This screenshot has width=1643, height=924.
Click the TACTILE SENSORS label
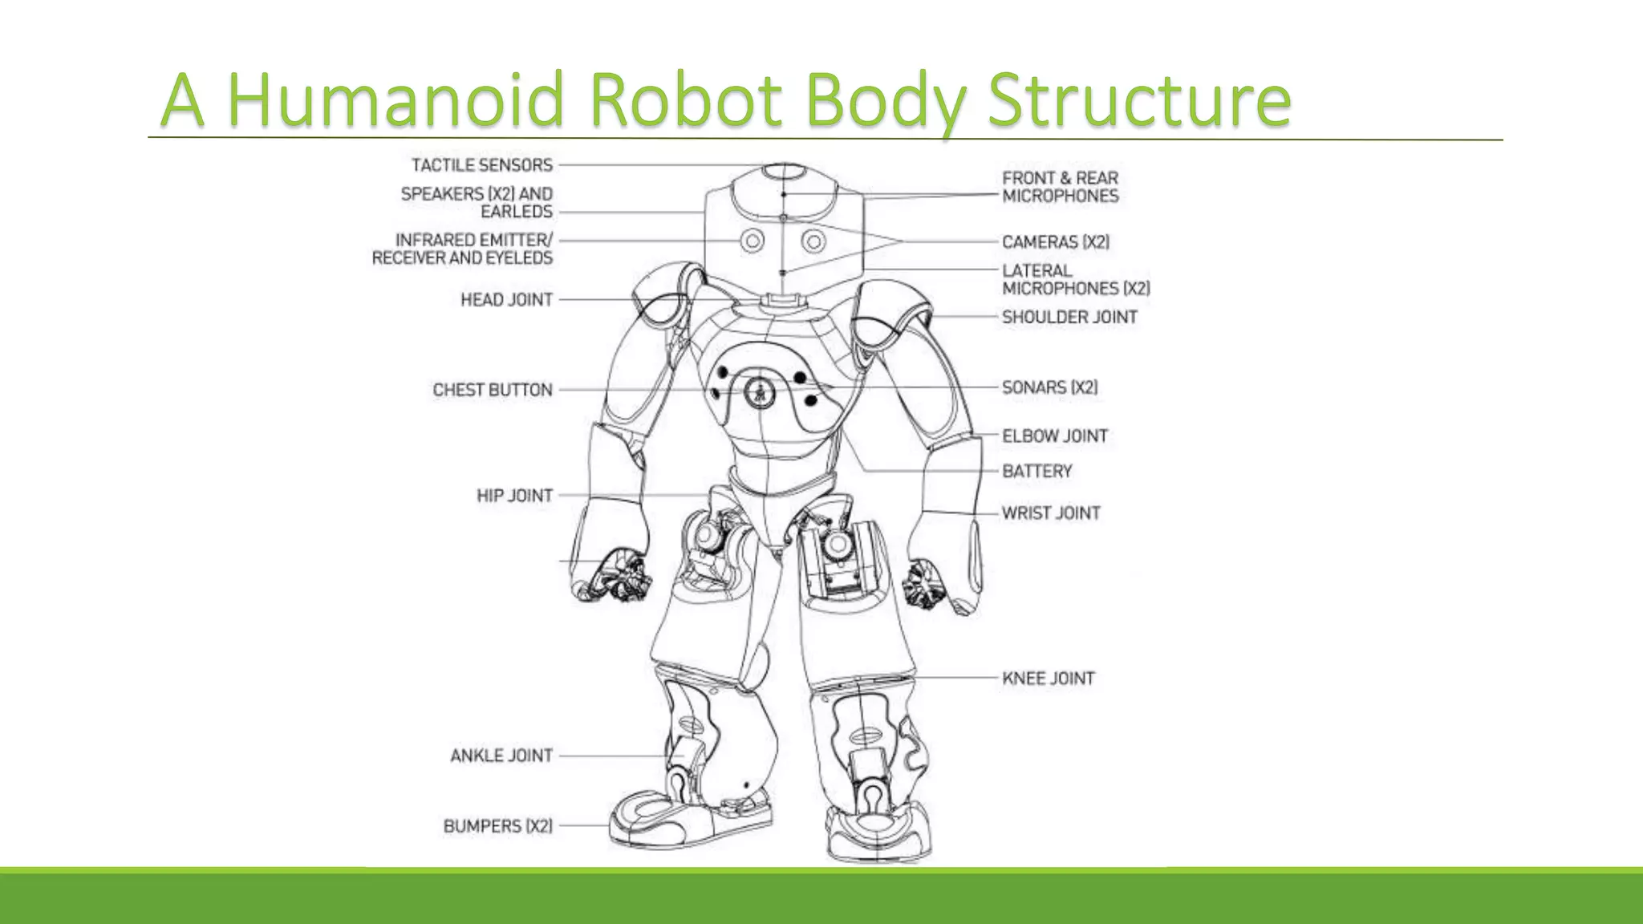tap(482, 165)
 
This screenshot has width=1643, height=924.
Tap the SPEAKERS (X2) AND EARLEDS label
tap(477, 203)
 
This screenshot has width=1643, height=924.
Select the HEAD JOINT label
tap(506, 300)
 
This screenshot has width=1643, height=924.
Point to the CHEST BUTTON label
tap(493, 390)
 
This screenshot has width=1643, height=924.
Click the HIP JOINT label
tap(514, 496)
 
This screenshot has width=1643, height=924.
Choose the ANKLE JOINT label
tap(501, 756)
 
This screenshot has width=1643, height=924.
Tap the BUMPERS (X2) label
tap(497, 826)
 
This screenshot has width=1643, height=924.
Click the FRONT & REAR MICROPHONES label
tap(1060, 187)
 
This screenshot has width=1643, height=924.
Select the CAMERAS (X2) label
tap(1056, 242)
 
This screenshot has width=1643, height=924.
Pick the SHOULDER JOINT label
tap(1069, 318)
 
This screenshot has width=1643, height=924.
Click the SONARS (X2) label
tap(1049, 387)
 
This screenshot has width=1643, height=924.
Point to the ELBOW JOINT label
tap(1055, 436)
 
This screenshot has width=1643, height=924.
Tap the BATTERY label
tap(1037, 472)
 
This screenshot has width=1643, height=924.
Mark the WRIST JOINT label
tap(1051, 513)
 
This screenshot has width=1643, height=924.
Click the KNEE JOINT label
tap(1049, 679)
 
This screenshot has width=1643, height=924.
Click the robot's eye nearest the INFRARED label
tap(752, 241)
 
